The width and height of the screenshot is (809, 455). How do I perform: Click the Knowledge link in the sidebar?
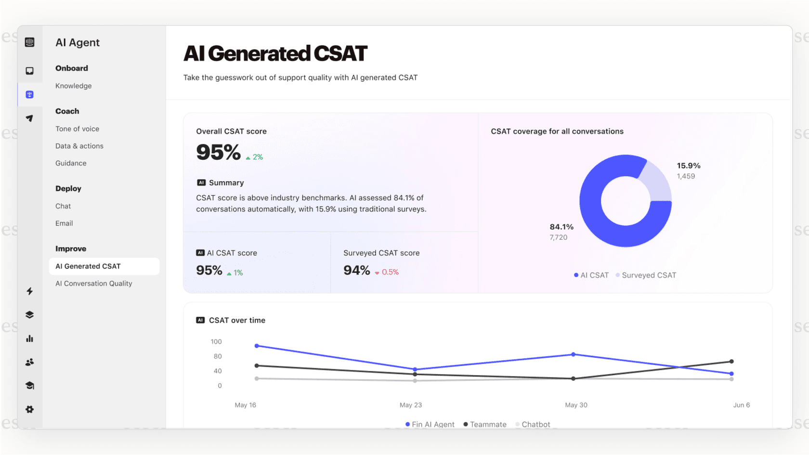point(73,86)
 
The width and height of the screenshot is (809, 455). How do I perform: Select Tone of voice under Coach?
point(77,129)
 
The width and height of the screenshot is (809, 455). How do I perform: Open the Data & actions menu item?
point(79,146)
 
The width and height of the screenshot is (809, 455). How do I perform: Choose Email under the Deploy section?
point(64,223)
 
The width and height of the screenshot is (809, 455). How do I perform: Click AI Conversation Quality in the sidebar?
point(93,283)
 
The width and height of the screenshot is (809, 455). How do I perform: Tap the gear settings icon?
point(30,409)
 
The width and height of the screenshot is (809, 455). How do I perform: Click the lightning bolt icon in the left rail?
point(30,291)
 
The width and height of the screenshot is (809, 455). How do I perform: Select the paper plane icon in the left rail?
point(30,118)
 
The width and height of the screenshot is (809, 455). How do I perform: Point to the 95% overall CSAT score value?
point(218,153)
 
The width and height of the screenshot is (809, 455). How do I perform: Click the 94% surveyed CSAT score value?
point(356,271)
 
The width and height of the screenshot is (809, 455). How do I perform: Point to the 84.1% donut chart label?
point(561,227)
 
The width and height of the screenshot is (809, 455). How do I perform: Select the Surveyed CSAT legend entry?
point(648,275)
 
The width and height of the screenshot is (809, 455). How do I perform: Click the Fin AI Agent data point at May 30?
point(573,354)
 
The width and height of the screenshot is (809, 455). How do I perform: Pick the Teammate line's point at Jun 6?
point(731,361)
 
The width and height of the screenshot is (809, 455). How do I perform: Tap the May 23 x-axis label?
point(410,405)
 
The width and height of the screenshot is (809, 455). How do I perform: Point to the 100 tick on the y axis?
point(216,342)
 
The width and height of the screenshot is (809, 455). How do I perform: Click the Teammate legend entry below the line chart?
point(487,424)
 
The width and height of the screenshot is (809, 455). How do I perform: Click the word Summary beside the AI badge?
point(226,182)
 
